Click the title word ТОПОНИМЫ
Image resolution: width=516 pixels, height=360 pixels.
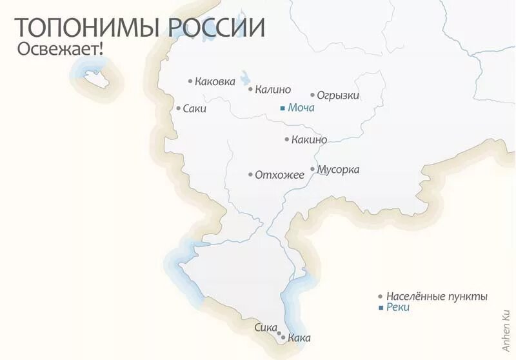pyautogui.click(x=90, y=28)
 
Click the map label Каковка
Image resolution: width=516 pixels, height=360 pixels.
pyautogui.click(x=215, y=81)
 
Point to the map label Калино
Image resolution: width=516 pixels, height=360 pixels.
pyautogui.click(x=273, y=90)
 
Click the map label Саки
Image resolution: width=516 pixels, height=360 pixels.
pyautogui.click(x=195, y=109)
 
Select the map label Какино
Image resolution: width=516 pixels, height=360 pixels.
pyautogui.click(x=309, y=139)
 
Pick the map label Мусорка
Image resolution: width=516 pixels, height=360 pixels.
pyautogui.click(x=339, y=170)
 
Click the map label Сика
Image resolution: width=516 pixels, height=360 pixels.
pyautogui.click(x=266, y=326)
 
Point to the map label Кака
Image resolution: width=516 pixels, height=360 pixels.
pyautogui.click(x=300, y=337)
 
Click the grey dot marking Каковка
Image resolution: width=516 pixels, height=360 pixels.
pyautogui.click(x=190, y=81)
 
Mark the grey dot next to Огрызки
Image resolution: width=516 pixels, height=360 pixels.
pyautogui.click(x=312, y=95)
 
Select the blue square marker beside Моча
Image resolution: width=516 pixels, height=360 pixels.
pyautogui.click(x=282, y=108)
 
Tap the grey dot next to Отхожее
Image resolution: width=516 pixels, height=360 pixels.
pyautogui.click(x=250, y=174)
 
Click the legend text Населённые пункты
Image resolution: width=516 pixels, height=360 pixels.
pyautogui.click(x=437, y=296)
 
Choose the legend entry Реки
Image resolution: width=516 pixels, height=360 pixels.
pyautogui.click(x=398, y=308)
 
